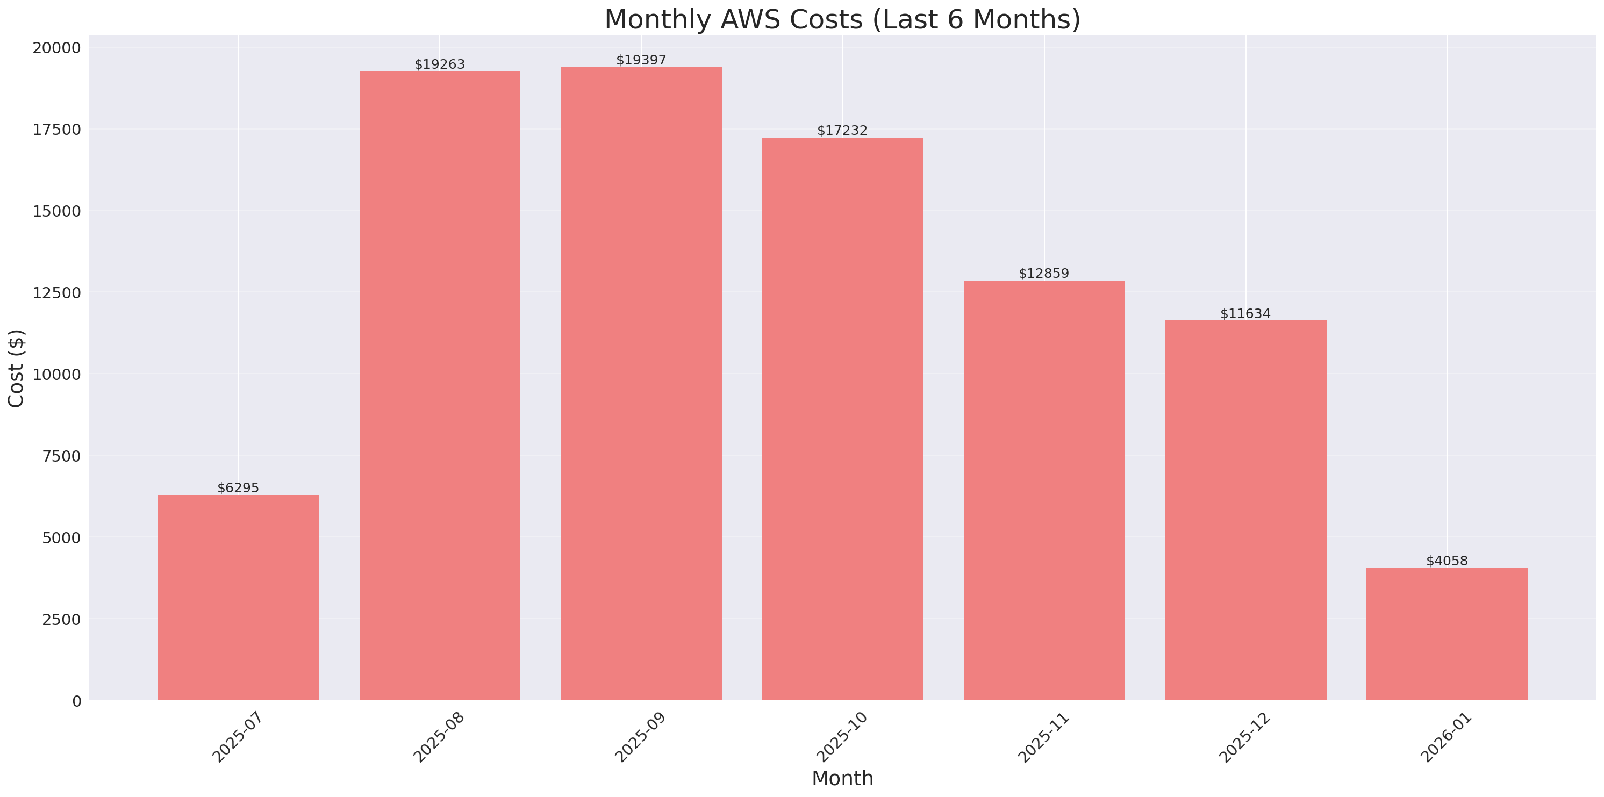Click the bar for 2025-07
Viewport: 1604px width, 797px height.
click(239, 597)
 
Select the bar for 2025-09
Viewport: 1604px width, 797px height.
click(641, 383)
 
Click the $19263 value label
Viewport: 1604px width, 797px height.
click(440, 64)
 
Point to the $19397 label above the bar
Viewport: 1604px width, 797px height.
click(641, 60)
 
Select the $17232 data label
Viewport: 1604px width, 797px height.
click(842, 130)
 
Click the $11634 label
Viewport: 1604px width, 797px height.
click(1245, 314)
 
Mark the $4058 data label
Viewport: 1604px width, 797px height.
click(1447, 561)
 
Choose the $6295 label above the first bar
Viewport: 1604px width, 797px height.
click(238, 488)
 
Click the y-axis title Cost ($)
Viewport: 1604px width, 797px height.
click(16, 368)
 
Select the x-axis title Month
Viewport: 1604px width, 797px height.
click(842, 778)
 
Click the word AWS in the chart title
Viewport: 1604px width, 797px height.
click(750, 19)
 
